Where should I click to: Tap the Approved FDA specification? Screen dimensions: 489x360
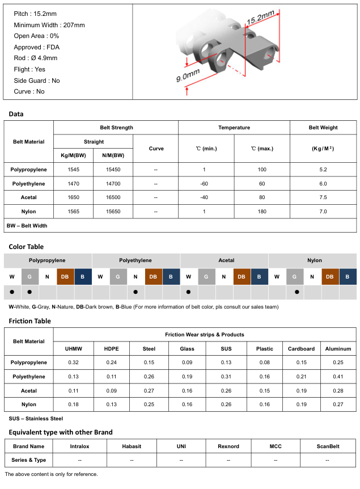point(36,47)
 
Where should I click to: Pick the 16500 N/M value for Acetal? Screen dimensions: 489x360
point(113,197)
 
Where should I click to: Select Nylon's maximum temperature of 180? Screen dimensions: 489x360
point(262,211)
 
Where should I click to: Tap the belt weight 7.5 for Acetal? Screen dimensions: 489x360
point(323,197)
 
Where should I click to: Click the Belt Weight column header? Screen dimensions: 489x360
point(323,128)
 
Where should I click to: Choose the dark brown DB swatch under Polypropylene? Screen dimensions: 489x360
point(65,276)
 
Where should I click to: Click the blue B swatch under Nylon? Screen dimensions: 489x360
point(348,276)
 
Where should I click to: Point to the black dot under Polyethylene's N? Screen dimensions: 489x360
point(135,292)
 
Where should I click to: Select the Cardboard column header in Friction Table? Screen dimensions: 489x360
point(301,349)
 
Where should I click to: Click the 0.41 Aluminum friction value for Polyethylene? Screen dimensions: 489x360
point(338,376)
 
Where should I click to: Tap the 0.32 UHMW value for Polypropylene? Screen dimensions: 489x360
point(73,362)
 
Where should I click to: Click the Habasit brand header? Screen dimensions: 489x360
point(132,446)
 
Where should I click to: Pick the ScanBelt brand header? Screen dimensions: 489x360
point(328,446)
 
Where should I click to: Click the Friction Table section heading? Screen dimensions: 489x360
point(30,321)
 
